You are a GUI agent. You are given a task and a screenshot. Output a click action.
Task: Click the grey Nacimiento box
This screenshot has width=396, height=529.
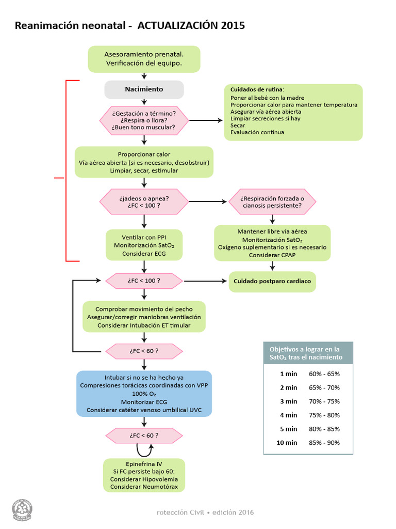click(144, 89)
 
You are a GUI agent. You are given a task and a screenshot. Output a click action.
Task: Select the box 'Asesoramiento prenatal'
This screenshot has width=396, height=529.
click(144, 59)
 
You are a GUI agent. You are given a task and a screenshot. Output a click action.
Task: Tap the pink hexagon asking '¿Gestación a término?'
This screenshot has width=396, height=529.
click(144, 120)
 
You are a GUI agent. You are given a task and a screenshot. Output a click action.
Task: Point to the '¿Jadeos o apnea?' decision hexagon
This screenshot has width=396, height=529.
click(144, 201)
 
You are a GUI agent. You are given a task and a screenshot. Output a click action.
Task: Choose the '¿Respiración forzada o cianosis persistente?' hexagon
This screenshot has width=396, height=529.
click(272, 201)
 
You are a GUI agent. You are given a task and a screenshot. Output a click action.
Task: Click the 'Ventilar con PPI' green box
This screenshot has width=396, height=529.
click(144, 245)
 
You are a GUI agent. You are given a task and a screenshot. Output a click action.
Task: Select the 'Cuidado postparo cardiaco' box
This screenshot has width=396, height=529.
click(272, 282)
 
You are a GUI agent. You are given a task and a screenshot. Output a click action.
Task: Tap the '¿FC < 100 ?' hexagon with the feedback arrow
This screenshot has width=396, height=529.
click(144, 281)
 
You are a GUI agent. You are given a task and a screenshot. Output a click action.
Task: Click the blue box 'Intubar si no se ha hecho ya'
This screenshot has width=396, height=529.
click(144, 393)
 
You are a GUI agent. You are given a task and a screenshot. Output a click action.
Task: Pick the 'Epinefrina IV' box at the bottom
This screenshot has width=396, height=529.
click(144, 475)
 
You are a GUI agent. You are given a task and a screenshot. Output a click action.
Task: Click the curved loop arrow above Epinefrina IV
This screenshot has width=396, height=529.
click(144, 449)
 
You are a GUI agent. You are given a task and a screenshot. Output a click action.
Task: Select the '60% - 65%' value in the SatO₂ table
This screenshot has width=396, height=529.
click(324, 374)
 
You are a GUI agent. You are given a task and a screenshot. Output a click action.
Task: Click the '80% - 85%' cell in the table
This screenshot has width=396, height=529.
click(324, 429)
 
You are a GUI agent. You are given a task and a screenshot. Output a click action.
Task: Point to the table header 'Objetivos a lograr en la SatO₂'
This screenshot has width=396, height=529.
click(308, 353)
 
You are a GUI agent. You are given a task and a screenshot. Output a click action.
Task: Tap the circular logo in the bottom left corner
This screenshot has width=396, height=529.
click(22, 509)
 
